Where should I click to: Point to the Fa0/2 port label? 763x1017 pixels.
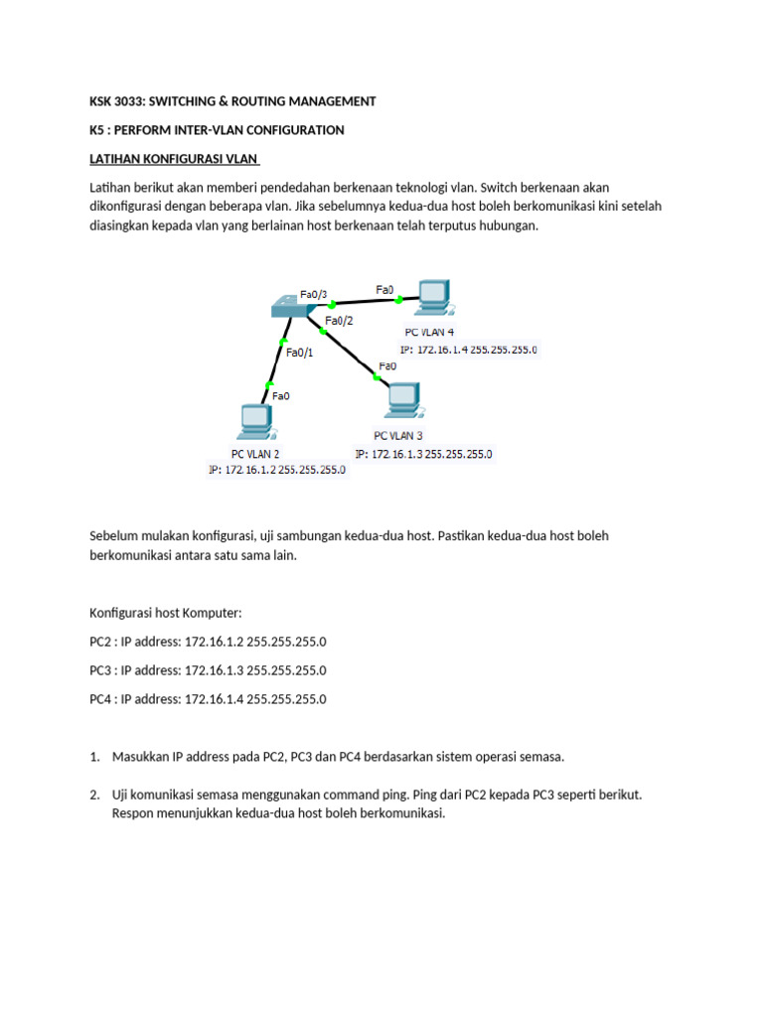[x=339, y=321]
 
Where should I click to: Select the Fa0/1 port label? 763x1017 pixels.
[x=299, y=351]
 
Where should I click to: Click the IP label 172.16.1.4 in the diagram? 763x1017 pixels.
[x=469, y=350]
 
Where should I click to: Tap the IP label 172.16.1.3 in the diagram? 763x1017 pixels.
[x=423, y=454]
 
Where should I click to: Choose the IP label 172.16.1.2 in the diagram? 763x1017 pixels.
[x=277, y=471]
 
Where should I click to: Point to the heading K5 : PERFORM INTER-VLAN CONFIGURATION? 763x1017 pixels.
[x=217, y=130]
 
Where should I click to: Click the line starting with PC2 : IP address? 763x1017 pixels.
[x=208, y=642]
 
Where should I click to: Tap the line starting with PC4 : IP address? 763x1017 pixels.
[x=208, y=699]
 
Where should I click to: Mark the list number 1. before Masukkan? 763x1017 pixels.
[x=94, y=757]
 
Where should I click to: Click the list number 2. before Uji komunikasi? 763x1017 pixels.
[x=94, y=796]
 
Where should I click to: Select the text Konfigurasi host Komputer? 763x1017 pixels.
[x=165, y=613]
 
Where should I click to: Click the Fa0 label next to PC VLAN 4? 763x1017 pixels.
[x=384, y=290]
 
